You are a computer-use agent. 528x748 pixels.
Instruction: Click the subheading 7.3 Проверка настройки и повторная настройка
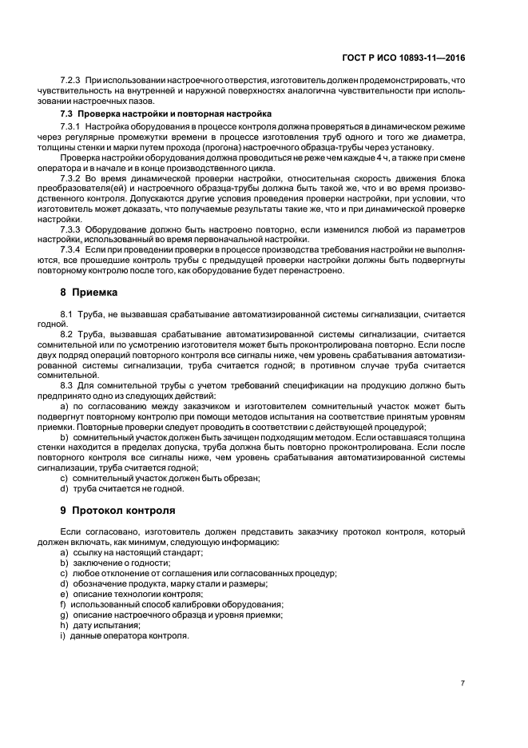pos(165,114)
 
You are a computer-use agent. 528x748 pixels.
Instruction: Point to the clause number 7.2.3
pos(71,81)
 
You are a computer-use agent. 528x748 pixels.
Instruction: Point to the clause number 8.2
pos(67,334)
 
